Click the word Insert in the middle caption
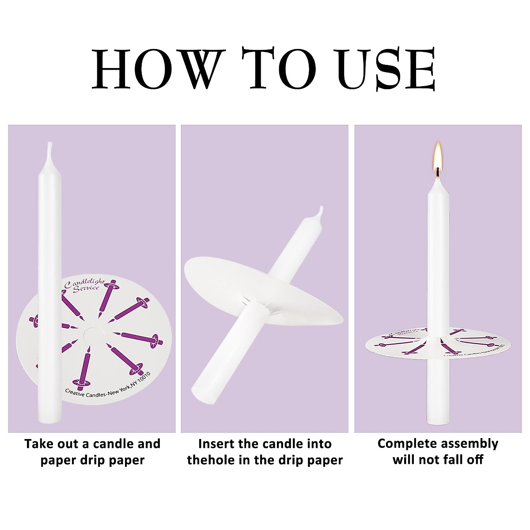[x=216, y=443]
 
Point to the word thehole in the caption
[x=212, y=460]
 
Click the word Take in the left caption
[x=39, y=443]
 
